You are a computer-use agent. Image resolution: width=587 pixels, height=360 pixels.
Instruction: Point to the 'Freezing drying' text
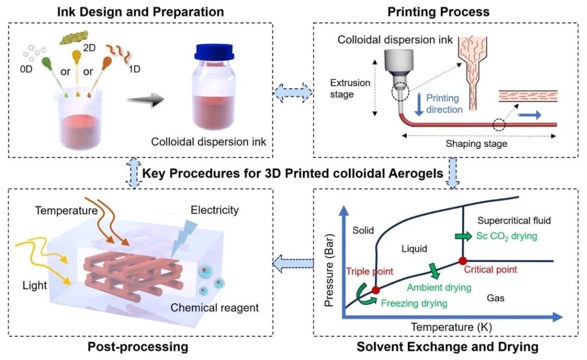[414, 302]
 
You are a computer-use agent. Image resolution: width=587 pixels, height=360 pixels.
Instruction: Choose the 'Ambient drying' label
[439, 286]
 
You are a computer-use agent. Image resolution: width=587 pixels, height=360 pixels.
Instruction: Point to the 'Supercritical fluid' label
[514, 220]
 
